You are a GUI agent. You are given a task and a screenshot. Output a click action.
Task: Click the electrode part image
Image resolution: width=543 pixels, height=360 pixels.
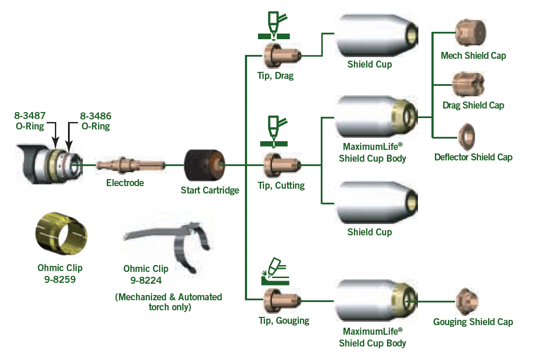[130, 165]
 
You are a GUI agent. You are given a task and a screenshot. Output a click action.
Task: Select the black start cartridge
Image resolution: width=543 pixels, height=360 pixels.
[204, 165]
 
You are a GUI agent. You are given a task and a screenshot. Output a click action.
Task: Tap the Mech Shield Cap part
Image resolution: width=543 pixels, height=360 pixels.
[471, 33]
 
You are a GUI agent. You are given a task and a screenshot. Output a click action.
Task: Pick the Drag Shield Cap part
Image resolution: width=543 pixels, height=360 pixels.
[468, 85]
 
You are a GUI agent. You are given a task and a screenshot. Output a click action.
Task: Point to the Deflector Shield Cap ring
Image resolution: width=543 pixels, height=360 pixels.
[467, 137]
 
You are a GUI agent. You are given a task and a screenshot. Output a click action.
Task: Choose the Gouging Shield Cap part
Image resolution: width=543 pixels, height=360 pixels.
[467, 302]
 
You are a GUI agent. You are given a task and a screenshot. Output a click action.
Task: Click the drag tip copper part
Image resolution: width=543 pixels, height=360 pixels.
[282, 56]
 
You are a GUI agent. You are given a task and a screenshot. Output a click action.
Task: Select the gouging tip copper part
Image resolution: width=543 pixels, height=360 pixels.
[282, 301]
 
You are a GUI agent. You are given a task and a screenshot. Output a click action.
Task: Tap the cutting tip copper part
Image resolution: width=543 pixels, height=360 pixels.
[282, 165]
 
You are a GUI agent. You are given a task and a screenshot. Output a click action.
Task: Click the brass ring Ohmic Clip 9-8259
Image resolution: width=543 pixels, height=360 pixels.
[61, 233]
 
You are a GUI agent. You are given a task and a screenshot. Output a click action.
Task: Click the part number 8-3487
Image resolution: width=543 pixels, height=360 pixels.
[30, 115]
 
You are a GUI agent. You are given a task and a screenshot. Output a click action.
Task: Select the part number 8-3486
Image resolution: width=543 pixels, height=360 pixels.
[95, 116]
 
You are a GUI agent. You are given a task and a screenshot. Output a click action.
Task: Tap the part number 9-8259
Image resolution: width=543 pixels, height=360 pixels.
[60, 279]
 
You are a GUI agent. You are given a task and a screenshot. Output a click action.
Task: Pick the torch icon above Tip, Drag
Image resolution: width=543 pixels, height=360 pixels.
[274, 25]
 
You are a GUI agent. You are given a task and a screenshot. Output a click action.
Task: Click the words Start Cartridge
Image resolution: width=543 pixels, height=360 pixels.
[210, 190]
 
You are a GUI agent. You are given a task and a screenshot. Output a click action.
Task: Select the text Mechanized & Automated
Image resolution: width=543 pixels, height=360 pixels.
[169, 297]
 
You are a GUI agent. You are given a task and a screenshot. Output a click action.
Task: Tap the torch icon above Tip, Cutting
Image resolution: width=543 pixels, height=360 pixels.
[274, 132]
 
